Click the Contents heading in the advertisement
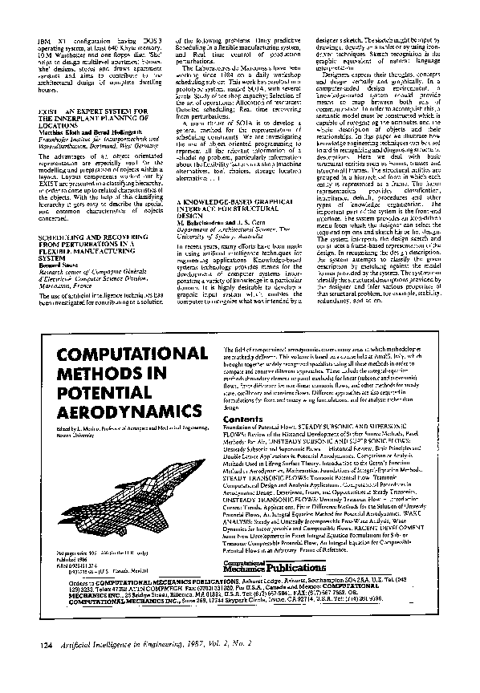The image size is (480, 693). coord(238,418)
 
